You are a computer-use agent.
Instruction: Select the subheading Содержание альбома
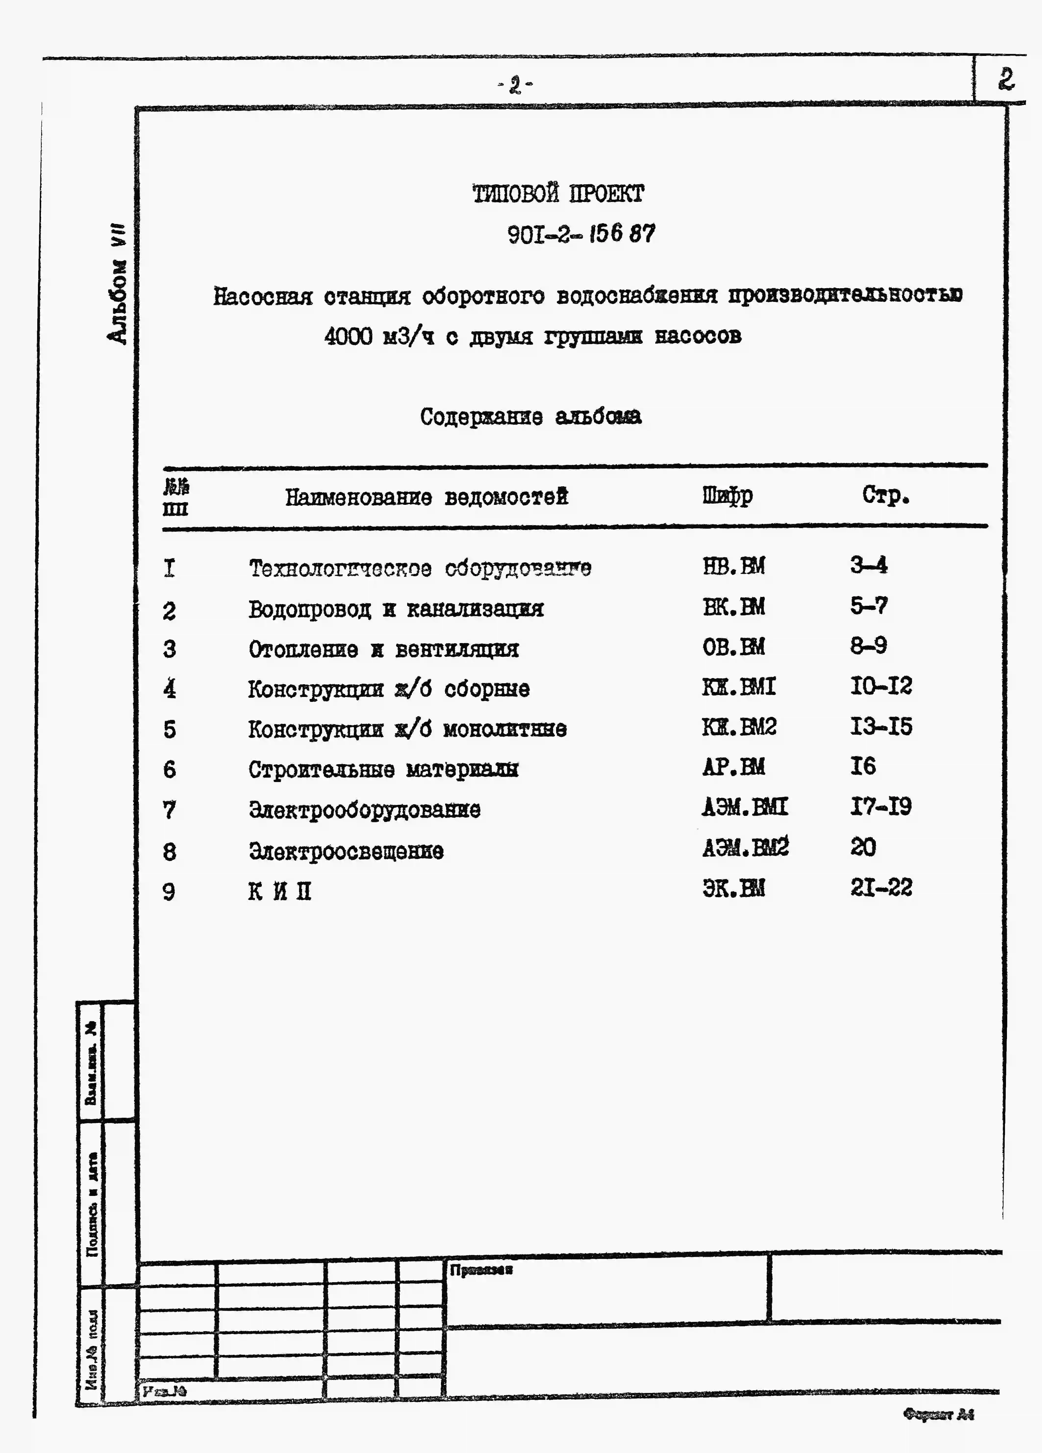click(x=531, y=416)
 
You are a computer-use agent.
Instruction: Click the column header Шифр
click(x=727, y=496)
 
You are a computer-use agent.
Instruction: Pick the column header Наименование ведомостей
click(x=426, y=497)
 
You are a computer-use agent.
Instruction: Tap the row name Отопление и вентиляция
click(x=383, y=650)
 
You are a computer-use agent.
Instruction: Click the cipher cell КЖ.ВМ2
click(x=739, y=727)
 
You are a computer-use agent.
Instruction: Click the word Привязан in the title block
click(x=481, y=1270)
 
